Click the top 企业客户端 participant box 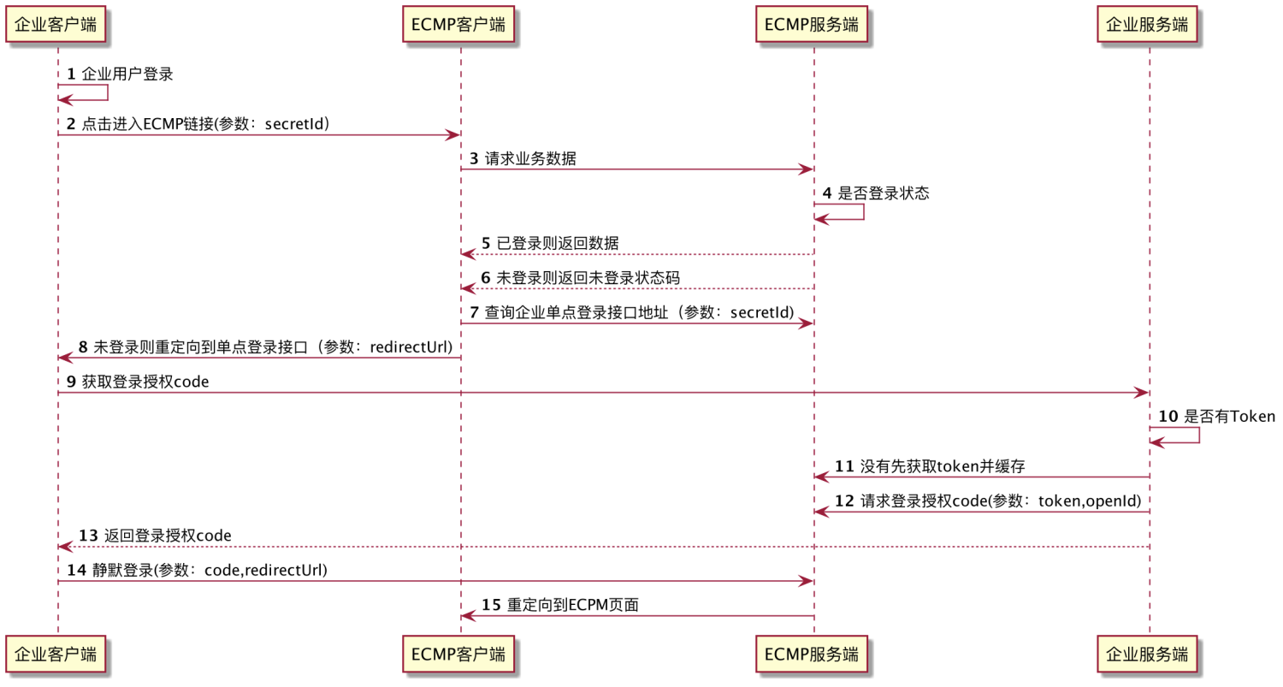57,25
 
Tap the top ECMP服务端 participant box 812,25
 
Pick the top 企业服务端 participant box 1147,25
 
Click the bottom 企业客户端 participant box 57,654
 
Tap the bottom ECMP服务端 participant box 812,654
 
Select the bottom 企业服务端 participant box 1147,654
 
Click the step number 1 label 71,74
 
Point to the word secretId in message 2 294,124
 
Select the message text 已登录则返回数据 558,244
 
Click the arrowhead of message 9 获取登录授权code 1141,392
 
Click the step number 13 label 88,536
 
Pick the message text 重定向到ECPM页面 572,605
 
